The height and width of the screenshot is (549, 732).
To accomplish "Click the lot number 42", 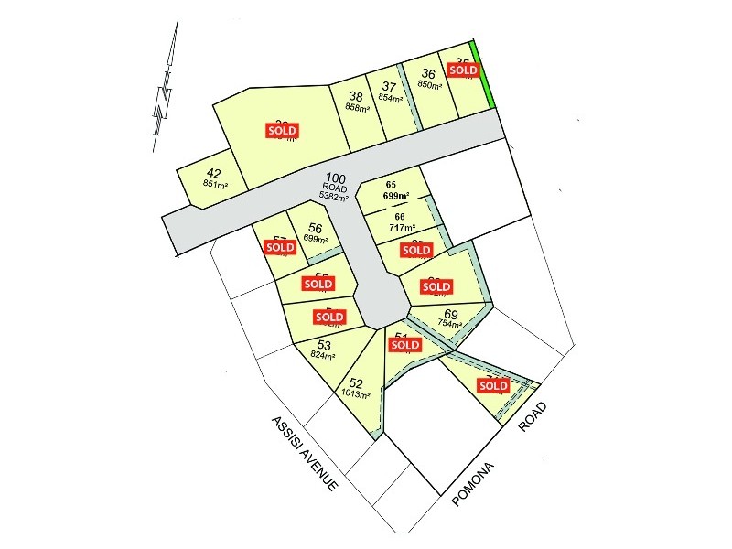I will (215, 174).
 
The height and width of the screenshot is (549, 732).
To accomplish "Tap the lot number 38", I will (356, 97).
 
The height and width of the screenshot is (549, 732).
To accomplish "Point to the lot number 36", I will (428, 75).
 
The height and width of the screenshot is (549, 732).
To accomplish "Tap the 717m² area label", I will (404, 228).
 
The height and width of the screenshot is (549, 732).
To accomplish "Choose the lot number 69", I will (450, 314).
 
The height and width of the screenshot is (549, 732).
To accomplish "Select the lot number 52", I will (357, 383).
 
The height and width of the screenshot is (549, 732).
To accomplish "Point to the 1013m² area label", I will (355, 394).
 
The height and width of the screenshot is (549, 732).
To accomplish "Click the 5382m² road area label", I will (336, 196).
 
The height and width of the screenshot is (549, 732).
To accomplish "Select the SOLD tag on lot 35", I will (463, 69).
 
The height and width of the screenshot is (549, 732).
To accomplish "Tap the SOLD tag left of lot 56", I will (279, 246).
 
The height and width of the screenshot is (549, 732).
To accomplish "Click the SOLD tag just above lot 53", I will (328, 317).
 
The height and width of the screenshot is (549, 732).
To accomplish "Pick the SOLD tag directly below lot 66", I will (416, 249).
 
